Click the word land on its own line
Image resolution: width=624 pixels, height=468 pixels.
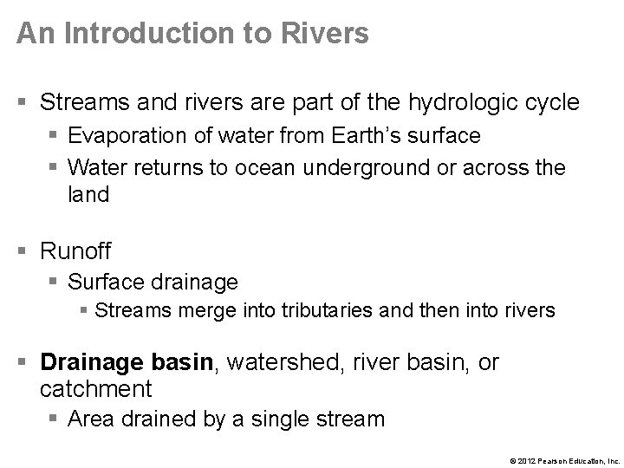click(x=88, y=195)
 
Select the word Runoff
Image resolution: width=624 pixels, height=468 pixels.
click(x=76, y=251)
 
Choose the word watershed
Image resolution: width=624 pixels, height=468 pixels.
click(x=285, y=361)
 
